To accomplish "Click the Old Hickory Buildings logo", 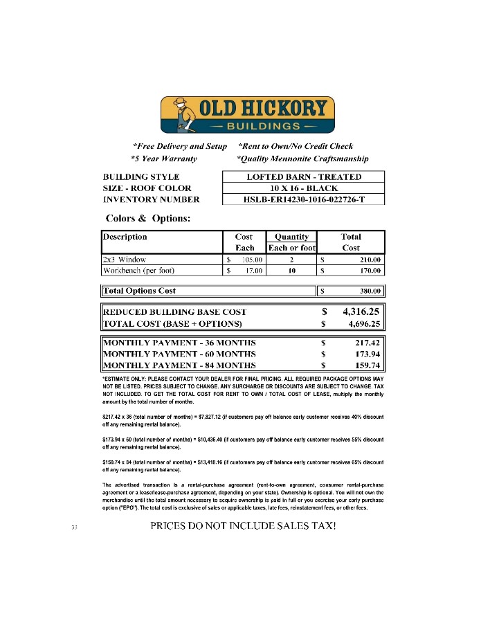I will pyautogui.click(x=248, y=114).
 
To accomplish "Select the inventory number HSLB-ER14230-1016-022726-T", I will pyautogui.click(x=303, y=199).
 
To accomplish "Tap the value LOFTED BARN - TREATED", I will pyautogui.click(x=303, y=177).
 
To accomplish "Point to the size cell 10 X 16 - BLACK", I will pyautogui.click(x=303, y=188).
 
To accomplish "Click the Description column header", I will pyautogui.click(x=125, y=236).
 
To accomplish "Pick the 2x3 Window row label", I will pyautogui.click(x=125, y=260).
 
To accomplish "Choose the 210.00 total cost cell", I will pyautogui.click(x=370, y=260).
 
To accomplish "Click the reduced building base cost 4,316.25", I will pyautogui.click(x=361, y=311).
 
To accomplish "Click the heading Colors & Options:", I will pyautogui.click(x=147, y=218).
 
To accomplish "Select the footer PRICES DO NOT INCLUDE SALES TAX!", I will pyautogui.click(x=243, y=526).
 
